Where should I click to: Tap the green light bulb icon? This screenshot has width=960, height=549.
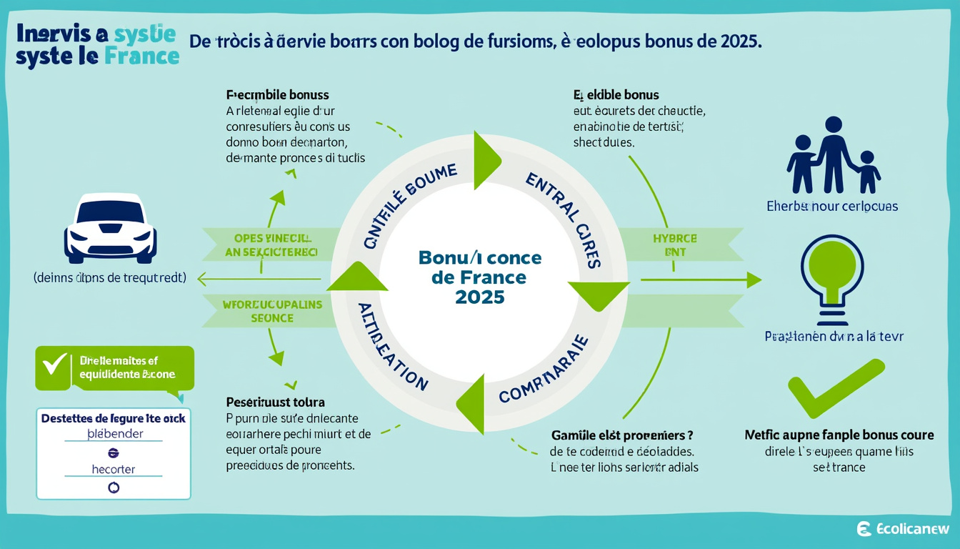click(x=832, y=272)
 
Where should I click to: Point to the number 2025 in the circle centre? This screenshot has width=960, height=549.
click(x=479, y=297)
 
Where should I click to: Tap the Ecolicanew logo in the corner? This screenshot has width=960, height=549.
click(x=903, y=529)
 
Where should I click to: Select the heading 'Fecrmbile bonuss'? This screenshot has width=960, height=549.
click(x=277, y=95)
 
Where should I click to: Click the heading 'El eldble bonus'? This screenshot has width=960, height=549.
click(x=616, y=95)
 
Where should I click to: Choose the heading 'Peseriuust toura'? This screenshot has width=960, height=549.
click(x=275, y=402)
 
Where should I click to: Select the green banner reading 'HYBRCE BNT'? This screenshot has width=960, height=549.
click(x=674, y=244)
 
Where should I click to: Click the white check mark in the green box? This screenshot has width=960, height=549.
click(x=54, y=365)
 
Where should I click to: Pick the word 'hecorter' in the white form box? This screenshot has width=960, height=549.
click(x=114, y=470)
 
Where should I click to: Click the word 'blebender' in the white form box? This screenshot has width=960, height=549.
click(x=114, y=434)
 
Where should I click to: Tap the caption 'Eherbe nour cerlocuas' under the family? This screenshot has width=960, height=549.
click(x=832, y=207)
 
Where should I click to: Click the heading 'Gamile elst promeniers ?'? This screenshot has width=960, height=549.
click(x=621, y=435)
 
